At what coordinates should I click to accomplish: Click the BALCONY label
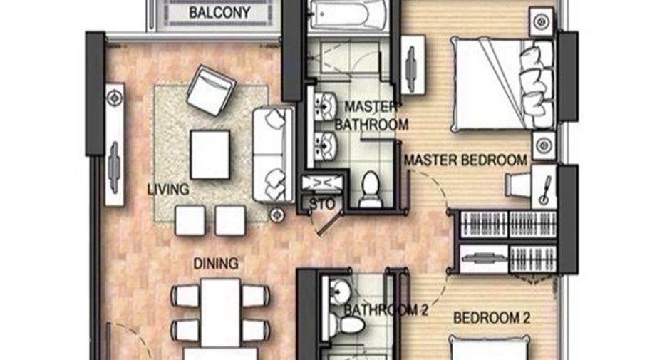click(x=219, y=12)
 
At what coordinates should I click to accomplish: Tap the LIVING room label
click(x=168, y=190)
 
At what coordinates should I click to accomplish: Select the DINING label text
click(x=216, y=264)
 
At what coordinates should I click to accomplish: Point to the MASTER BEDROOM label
click(x=465, y=160)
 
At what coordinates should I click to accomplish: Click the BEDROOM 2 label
click(x=492, y=318)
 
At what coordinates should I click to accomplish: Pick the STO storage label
click(x=322, y=205)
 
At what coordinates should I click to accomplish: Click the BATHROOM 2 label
click(x=386, y=310)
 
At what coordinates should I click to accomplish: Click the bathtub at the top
click(x=348, y=15)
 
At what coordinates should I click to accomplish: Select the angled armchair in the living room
click(x=211, y=91)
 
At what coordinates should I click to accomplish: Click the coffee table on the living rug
click(x=210, y=155)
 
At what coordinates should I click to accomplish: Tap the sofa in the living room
click(x=274, y=155)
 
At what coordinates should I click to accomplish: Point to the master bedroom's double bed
click(x=502, y=84)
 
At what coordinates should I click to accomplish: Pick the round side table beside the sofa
click(x=277, y=215)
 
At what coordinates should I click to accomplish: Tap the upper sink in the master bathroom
click(x=326, y=105)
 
